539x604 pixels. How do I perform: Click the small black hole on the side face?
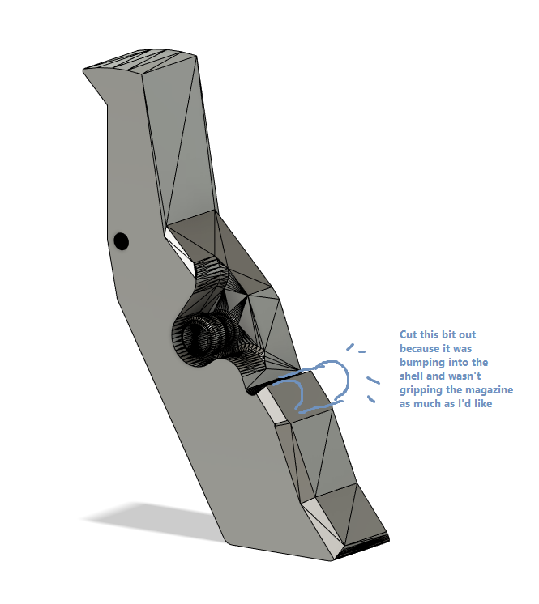coord(121,240)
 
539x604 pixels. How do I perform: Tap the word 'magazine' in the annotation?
coord(489,389)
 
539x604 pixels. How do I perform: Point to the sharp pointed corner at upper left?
coord(83,71)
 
